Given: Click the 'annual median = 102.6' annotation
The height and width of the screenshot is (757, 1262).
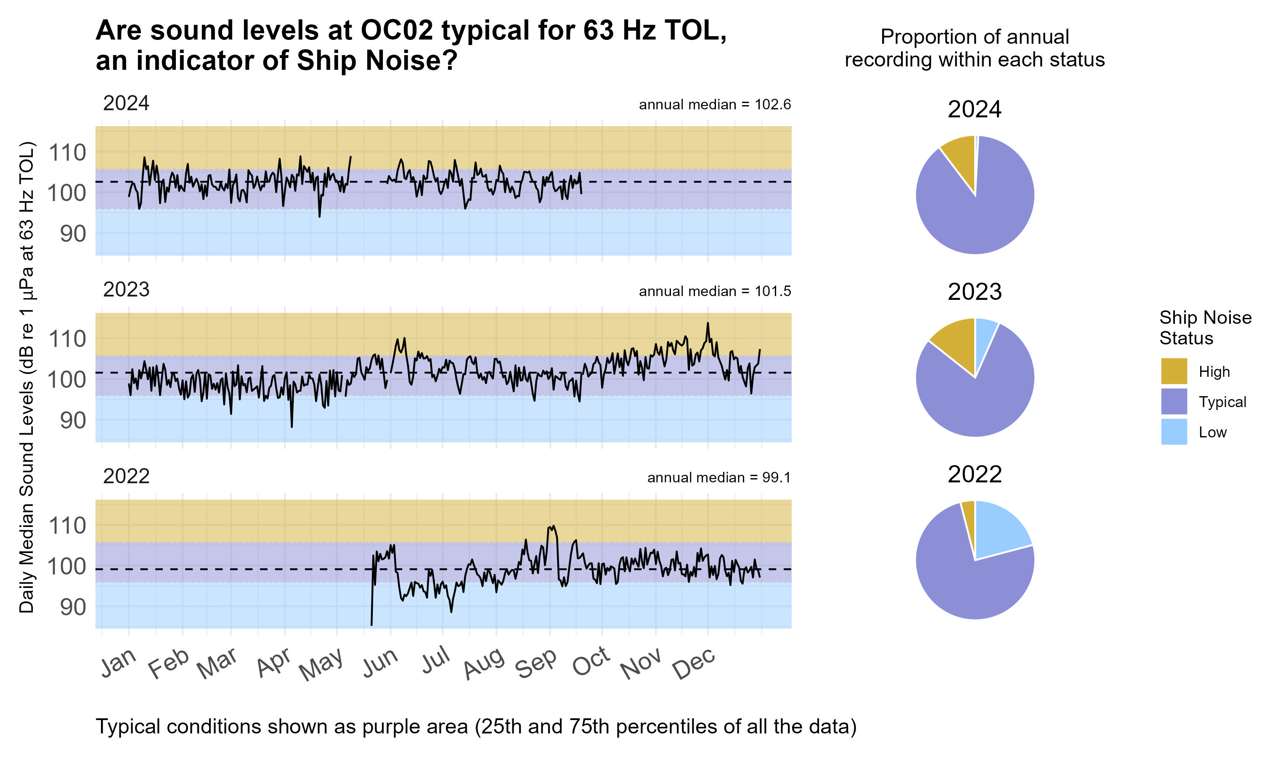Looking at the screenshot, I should pos(714,105).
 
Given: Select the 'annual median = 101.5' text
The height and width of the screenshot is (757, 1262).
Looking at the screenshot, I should pos(714,291).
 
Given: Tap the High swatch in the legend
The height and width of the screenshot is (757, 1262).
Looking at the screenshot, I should pos(1173,371).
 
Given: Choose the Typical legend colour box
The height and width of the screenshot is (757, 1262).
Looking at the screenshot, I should pos(1173,402).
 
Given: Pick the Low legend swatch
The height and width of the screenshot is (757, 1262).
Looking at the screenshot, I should pos(1173,431).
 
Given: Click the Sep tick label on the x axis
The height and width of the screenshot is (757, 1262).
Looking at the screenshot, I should pos(536,663).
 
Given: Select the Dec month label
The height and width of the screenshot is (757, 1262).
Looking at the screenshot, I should pos(694,663).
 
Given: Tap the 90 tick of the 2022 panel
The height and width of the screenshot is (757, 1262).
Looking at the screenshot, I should pos(73,607).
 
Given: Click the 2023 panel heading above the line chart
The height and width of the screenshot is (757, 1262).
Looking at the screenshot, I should pos(126,290).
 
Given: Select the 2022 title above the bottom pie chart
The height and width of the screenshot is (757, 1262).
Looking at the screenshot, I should pos(974,474).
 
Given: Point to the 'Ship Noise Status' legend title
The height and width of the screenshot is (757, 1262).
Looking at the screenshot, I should pos(1205,328).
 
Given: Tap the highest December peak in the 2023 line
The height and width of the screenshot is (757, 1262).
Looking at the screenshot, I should pos(708,323).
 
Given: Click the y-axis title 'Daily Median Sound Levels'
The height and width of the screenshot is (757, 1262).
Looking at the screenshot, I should pos(27,378).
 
